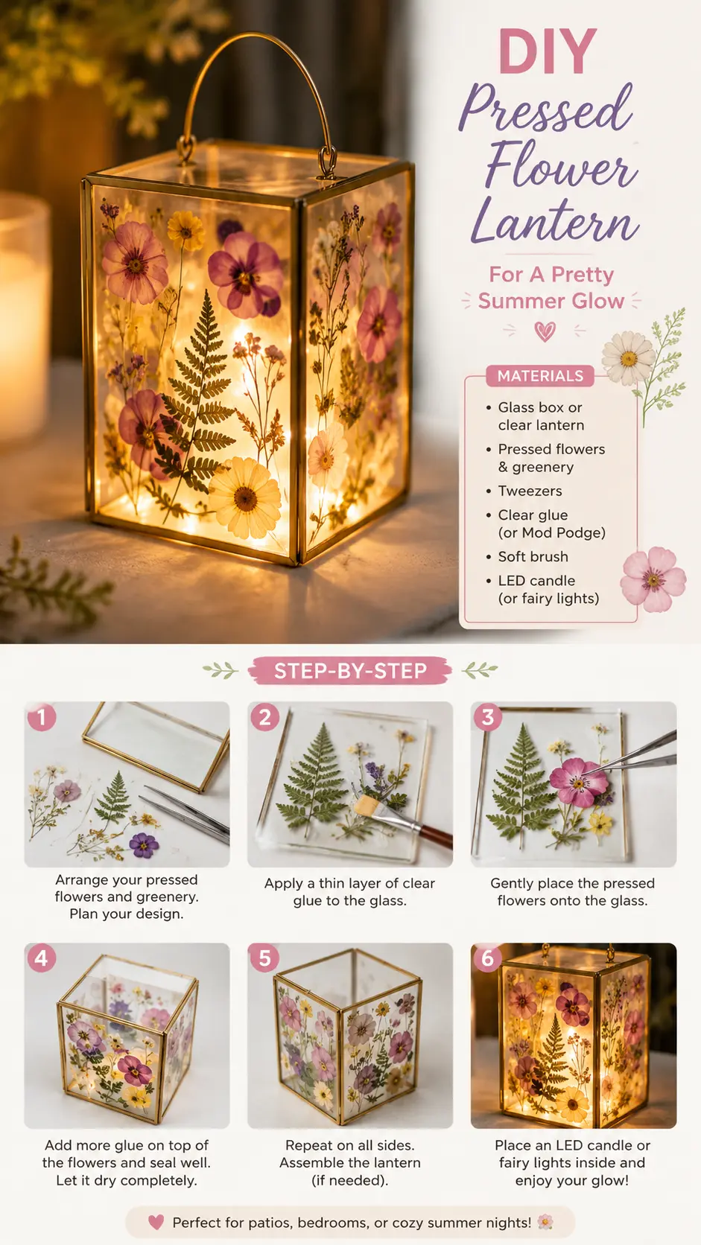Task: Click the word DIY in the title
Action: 548,51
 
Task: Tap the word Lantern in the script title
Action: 555,220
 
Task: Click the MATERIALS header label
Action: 540,376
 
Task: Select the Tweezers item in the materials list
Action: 530,491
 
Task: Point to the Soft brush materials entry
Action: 533,556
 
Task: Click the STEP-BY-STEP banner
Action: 350,671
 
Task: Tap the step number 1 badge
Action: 42,717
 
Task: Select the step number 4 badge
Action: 42,958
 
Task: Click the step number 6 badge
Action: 487,958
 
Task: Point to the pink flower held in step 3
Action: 578,782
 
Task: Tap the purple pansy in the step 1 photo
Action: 144,845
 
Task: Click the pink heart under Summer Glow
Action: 545,332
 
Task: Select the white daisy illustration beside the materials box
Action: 629,358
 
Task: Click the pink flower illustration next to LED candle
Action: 654,579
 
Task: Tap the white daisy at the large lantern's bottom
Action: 244,497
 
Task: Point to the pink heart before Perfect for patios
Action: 156,1222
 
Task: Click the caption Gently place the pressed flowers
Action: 573,891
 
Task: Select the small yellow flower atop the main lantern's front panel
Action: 185,230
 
